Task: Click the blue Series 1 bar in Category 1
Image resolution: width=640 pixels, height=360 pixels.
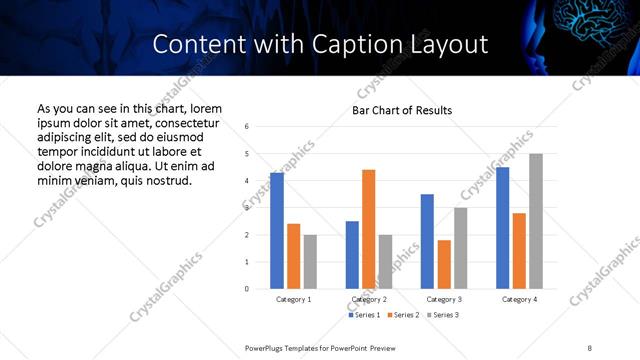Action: click(x=277, y=231)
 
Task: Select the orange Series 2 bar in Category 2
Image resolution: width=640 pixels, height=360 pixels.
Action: click(x=368, y=229)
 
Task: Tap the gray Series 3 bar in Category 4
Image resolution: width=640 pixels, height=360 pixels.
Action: click(x=536, y=221)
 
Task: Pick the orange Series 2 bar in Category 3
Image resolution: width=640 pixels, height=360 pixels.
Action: click(x=444, y=264)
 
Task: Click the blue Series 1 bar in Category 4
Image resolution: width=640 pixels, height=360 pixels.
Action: click(x=502, y=228)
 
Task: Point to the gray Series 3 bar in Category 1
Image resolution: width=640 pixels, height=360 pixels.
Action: click(x=310, y=262)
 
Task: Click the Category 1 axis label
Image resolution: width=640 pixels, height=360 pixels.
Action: click(x=293, y=299)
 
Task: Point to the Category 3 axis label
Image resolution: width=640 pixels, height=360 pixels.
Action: click(x=444, y=299)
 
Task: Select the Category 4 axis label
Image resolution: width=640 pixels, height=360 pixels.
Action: click(x=519, y=299)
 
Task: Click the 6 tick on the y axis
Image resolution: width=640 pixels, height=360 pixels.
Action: click(x=246, y=126)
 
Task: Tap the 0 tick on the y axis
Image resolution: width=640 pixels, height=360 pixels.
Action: click(x=246, y=289)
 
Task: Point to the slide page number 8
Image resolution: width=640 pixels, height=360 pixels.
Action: click(x=590, y=346)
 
